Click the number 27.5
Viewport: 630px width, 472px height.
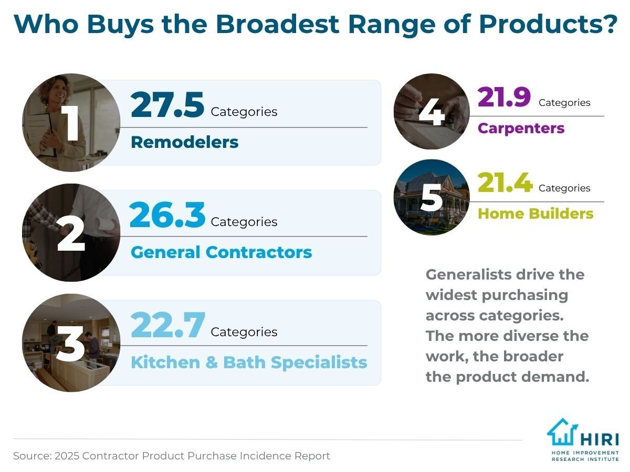coord(167,105)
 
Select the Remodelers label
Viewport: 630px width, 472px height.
coord(184,142)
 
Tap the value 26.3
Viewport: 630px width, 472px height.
coord(167,216)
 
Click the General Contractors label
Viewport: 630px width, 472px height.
coord(221,252)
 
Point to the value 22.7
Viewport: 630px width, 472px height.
coord(167,326)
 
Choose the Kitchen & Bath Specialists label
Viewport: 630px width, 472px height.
coord(248,362)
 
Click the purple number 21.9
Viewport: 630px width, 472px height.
coord(504,98)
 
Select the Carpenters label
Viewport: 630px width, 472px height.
coord(521,128)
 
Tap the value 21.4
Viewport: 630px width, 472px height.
coord(505,184)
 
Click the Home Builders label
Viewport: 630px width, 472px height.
coord(535,214)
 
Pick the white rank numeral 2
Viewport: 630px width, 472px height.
coord(71,234)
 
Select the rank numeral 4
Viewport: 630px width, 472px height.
coord(432,112)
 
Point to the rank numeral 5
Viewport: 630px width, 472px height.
coord(432,197)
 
